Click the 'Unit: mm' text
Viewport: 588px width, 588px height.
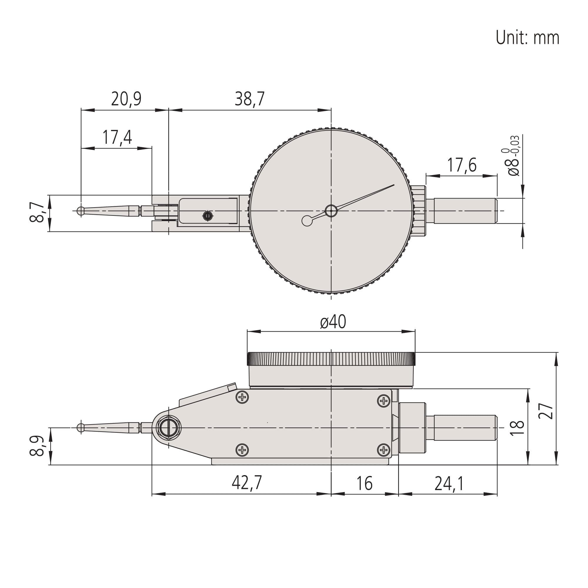[527, 38]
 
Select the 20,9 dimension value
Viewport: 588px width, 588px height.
[126, 99]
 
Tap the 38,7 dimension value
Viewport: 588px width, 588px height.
[250, 99]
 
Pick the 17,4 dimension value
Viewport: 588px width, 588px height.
[117, 137]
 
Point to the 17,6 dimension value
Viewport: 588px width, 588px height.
[461, 165]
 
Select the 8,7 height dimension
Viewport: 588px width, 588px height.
[37, 213]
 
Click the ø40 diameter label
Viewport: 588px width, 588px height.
[333, 322]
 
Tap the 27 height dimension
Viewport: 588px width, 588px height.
[545, 411]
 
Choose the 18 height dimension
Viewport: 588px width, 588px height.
[517, 428]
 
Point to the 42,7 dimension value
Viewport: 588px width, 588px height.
[247, 483]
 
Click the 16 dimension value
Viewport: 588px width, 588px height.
[364, 483]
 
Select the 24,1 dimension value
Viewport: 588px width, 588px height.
[449, 483]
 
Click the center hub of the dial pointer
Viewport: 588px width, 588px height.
[331, 211]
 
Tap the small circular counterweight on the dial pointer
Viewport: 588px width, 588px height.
[307, 221]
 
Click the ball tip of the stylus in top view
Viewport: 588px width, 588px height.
[81, 211]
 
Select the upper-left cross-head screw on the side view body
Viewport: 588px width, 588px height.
[242, 397]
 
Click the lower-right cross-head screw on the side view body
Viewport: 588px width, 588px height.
[383, 450]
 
